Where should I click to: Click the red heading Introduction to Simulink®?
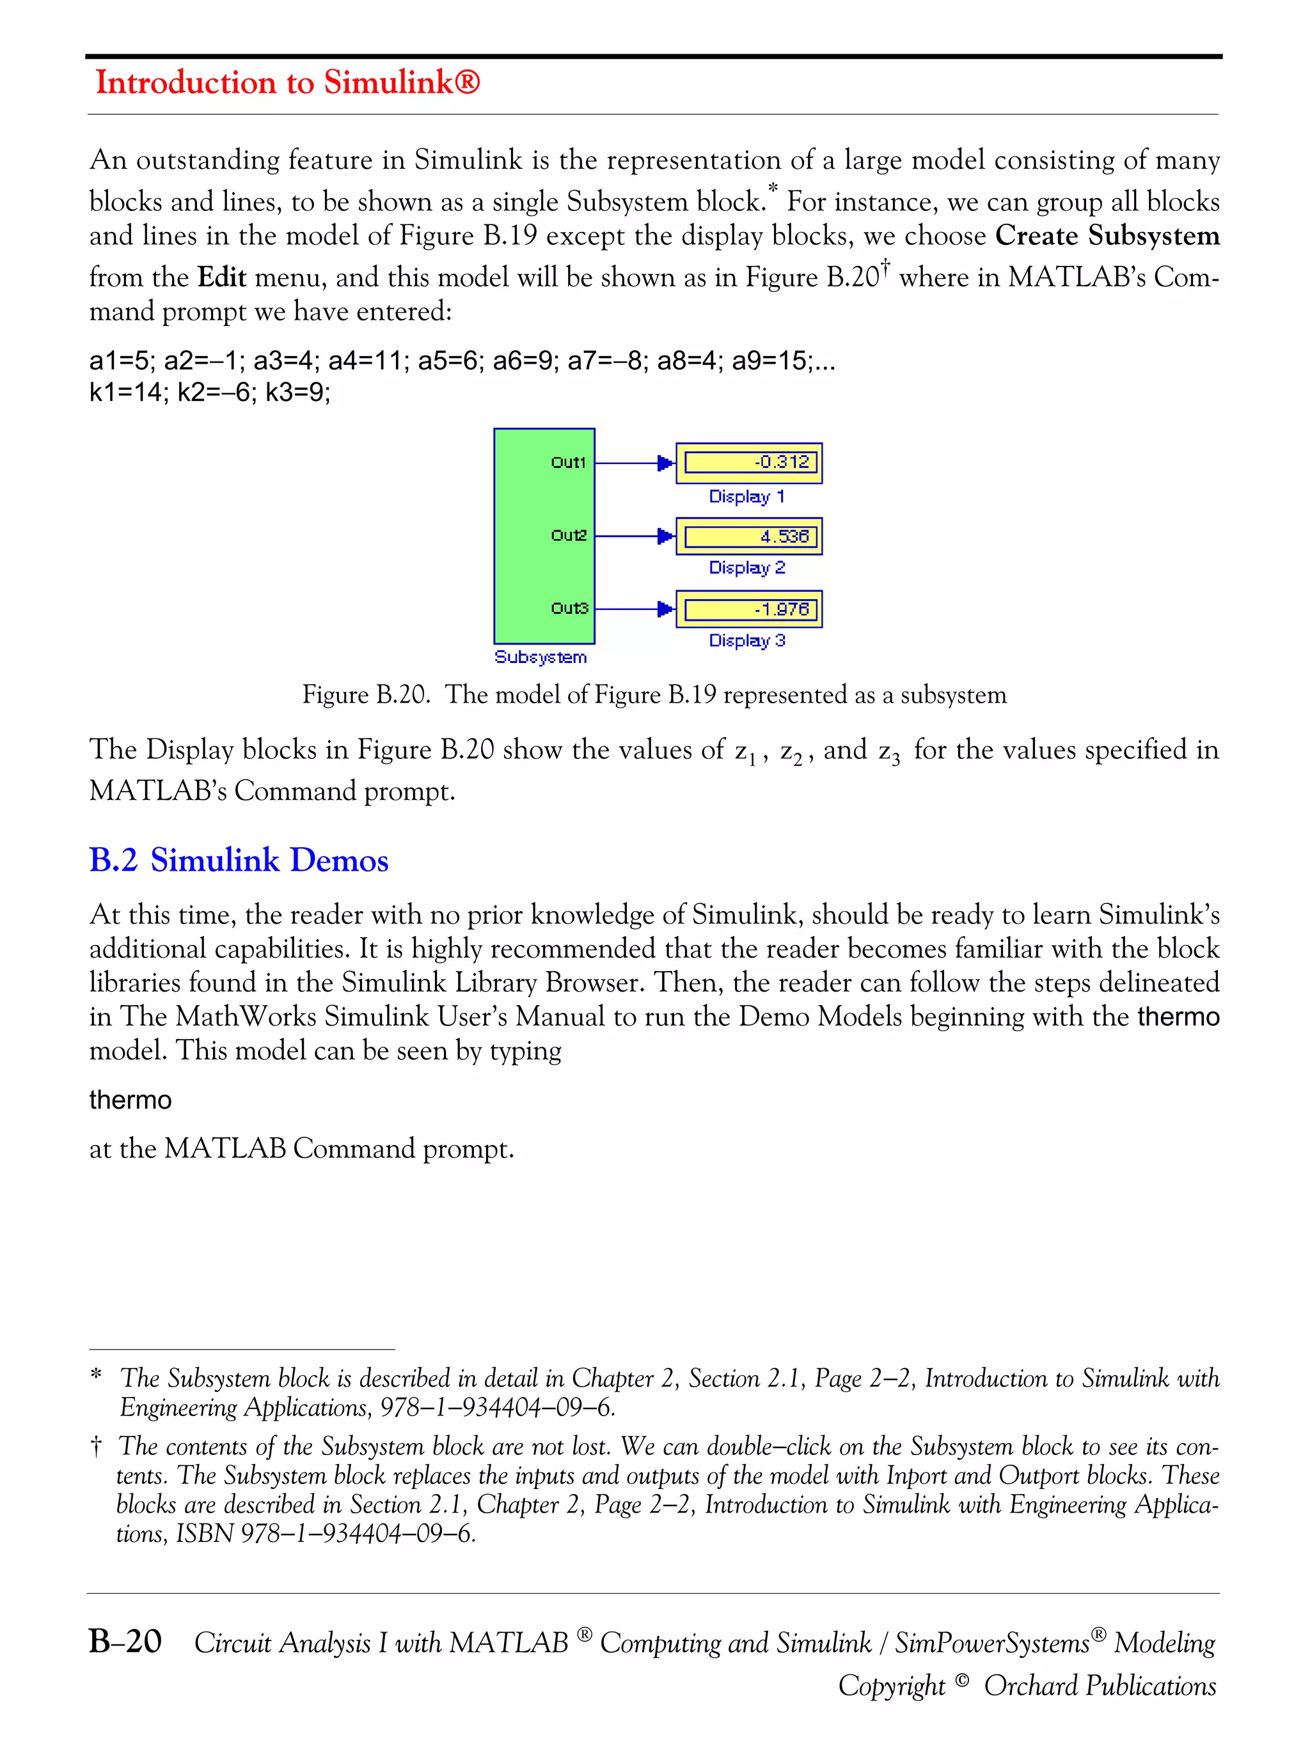[x=287, y=82]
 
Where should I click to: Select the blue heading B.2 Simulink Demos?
[x=239, y=860]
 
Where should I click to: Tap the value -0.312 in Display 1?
[x=781, y=462]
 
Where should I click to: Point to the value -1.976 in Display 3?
[x=781, y=609]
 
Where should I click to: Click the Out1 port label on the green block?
[x=568, y=462]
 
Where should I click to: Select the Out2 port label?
[x=569, y=535]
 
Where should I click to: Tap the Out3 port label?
[x=569, y=608]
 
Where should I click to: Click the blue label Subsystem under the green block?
[x=540, y=657]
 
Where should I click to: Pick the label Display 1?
[x=746, y=497]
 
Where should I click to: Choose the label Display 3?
[x=746, y=640]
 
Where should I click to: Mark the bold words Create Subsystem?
[x=1107, y=235]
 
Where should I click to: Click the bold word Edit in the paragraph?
[x=222, y=277]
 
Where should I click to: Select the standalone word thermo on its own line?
[x=130, y=1100]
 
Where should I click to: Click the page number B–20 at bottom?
[x=125, y=1641]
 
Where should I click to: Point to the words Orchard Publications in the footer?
[x=1099, y=1685]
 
